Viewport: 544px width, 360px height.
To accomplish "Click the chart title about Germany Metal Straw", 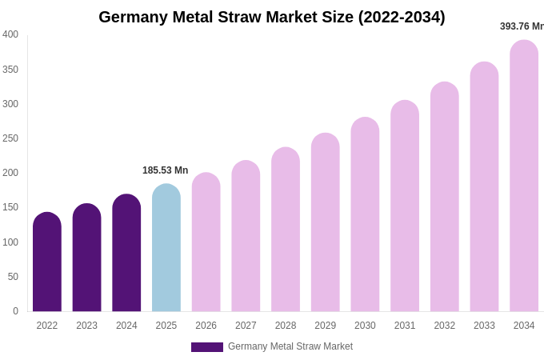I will [271, 17].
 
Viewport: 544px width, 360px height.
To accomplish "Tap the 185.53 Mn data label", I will [166, 170].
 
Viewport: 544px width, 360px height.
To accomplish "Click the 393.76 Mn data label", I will [522, 26].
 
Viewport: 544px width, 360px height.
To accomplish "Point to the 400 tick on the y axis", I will [10, 34].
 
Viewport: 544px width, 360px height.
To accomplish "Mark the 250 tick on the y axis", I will [10, 138].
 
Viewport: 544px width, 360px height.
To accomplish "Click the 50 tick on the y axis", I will [13, 277].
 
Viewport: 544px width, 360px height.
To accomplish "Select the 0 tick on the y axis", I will [15, 311].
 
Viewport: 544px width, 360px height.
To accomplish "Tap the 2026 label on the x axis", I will [206, 326].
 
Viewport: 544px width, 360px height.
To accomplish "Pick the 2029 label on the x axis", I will [326, 326].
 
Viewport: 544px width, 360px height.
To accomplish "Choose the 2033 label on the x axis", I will [484, 326].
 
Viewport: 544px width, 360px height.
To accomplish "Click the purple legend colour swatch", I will [207, 347].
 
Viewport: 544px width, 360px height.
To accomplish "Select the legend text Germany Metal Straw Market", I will [290, 346].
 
